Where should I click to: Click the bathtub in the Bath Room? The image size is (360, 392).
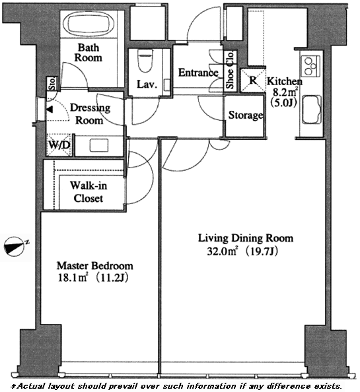[x=89, y=24]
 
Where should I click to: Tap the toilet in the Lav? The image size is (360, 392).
[x=145, y=61]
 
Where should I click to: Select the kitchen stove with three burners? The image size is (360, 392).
[x=310, y=66]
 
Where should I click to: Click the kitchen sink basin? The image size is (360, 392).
[x=311, y=109]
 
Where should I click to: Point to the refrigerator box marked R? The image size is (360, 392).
[x=253, y=81]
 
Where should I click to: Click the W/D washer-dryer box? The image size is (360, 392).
[x=59, y=145]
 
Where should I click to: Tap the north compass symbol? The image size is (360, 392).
[x=15, y=246]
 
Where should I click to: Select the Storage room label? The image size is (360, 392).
[x=246, y=115]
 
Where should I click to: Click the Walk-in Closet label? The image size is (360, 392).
[x=89, y=192]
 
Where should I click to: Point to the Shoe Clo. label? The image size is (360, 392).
[x=230, y=70]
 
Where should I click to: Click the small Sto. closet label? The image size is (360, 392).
[x=52, y=84]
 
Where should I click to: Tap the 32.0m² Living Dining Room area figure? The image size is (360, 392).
[x=242, y=251]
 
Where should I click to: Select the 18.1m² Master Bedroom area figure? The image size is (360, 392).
[x=93, y=278]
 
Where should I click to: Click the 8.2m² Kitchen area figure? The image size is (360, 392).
[x=285, y=92]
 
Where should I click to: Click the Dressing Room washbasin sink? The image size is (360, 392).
[x=99, y=145]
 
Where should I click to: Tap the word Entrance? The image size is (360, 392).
[x=198, y=73]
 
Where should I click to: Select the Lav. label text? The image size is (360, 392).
[x=147, y=84]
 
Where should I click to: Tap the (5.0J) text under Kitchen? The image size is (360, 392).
[x=284, y=103]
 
